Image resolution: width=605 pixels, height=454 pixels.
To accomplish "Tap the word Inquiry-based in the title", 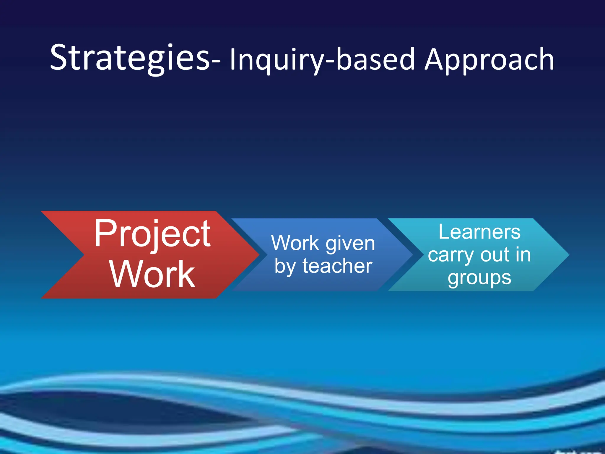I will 322,60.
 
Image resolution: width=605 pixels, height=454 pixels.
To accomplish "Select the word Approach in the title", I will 489,60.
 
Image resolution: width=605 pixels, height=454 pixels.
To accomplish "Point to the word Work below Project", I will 152,274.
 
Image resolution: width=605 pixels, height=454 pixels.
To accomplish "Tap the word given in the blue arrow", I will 350,244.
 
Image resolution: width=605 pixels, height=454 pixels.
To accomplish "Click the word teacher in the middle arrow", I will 337,266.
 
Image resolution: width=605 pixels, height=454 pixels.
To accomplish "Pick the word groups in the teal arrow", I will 479,278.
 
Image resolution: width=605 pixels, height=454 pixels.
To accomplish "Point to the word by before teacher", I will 285,267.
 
